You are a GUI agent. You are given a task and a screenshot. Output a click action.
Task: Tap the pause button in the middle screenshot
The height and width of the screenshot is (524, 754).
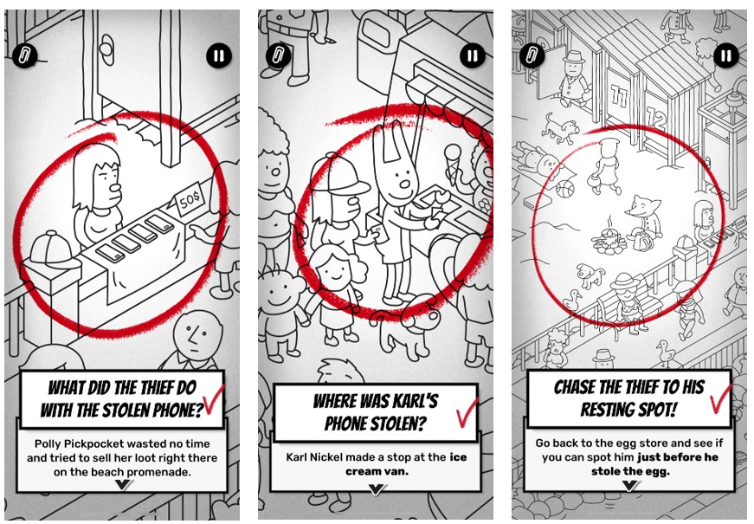pos(472,56)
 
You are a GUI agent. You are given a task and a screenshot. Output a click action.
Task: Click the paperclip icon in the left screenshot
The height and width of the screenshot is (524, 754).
pos(24,56)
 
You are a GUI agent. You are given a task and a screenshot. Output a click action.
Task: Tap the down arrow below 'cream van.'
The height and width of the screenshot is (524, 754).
pos(376,489)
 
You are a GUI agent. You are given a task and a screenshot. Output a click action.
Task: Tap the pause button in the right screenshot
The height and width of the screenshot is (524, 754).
pos(726,56)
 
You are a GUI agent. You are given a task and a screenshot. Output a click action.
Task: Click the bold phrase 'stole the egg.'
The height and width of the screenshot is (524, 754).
pos(630,471)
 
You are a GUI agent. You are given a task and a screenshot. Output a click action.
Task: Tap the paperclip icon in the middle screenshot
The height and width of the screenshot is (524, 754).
pos(278,56)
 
